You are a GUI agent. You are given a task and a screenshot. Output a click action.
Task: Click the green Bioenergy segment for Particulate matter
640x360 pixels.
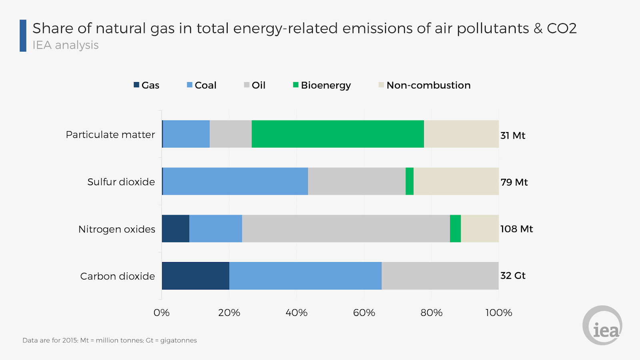pos(338,134)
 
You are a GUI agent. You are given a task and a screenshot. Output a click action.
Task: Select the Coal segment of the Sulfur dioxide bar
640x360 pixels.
pos(235,181)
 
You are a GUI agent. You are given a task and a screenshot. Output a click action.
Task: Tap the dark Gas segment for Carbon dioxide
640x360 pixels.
pos(196,276)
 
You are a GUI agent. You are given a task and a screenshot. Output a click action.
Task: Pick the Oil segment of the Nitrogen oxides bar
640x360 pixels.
pos(346,228)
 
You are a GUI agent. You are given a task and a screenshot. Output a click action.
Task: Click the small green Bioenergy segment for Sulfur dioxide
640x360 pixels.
pos(410,181)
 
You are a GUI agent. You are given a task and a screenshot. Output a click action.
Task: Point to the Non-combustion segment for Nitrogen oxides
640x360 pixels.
pos(480,228)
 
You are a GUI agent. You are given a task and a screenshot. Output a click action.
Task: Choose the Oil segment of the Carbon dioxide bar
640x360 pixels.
pos(440,276)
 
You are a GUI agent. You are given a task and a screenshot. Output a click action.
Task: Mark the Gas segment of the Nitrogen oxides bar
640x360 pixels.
pos(176,228)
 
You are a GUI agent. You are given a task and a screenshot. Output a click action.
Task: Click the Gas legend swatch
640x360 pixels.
pos(136,85)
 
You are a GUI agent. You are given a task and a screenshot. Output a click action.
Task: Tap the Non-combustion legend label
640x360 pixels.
pos(428,85)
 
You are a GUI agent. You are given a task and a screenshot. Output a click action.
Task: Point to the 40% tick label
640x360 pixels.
pos(296,313)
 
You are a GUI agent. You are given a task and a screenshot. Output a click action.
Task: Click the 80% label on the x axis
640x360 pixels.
pos(431,313)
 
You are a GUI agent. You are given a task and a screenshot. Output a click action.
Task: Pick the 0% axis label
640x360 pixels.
pos(162,313)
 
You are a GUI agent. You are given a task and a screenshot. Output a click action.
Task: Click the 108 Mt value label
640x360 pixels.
pos(516,229)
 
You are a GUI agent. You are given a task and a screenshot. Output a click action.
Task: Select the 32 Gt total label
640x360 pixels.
pos(513,276)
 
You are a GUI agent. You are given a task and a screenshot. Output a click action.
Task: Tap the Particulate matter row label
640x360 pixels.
pos(110,134)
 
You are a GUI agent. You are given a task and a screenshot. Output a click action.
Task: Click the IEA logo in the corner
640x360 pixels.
pos(602,326)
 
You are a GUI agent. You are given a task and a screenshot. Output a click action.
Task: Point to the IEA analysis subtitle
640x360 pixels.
pos(66,45)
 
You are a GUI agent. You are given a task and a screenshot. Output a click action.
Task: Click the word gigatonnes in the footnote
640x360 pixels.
pos(178,340)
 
